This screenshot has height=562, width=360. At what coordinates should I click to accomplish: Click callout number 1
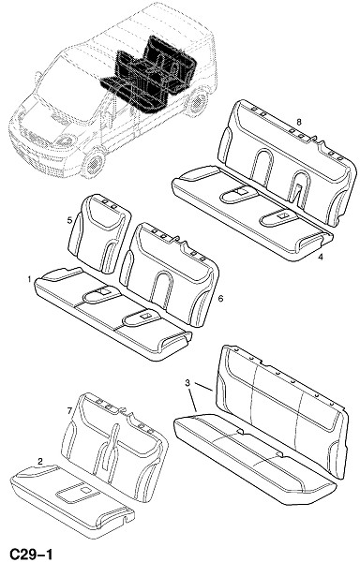coord(29,278)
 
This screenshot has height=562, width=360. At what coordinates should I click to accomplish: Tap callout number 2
coord(40,461)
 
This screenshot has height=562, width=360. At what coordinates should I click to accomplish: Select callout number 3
coord(187,383)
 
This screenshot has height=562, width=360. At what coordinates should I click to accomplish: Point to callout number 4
coord(321,257)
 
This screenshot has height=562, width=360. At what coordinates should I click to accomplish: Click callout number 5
coord(69,220)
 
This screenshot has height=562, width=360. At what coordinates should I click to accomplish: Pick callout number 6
coord(220,298)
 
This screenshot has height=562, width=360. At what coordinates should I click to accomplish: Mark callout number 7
coord(69,411)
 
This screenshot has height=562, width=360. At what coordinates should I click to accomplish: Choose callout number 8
coord(299,122)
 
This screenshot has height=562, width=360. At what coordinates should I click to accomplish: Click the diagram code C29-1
coord(31,555)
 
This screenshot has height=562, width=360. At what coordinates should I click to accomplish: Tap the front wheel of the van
coord(93,163)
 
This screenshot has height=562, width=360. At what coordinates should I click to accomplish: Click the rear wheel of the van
coord(197,102)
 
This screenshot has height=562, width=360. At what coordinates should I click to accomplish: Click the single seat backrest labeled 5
coord(98,233)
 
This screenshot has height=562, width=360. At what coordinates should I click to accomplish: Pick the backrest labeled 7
coord(114,446)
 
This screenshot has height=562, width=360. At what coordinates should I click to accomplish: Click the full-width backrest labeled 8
coord(285,161)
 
